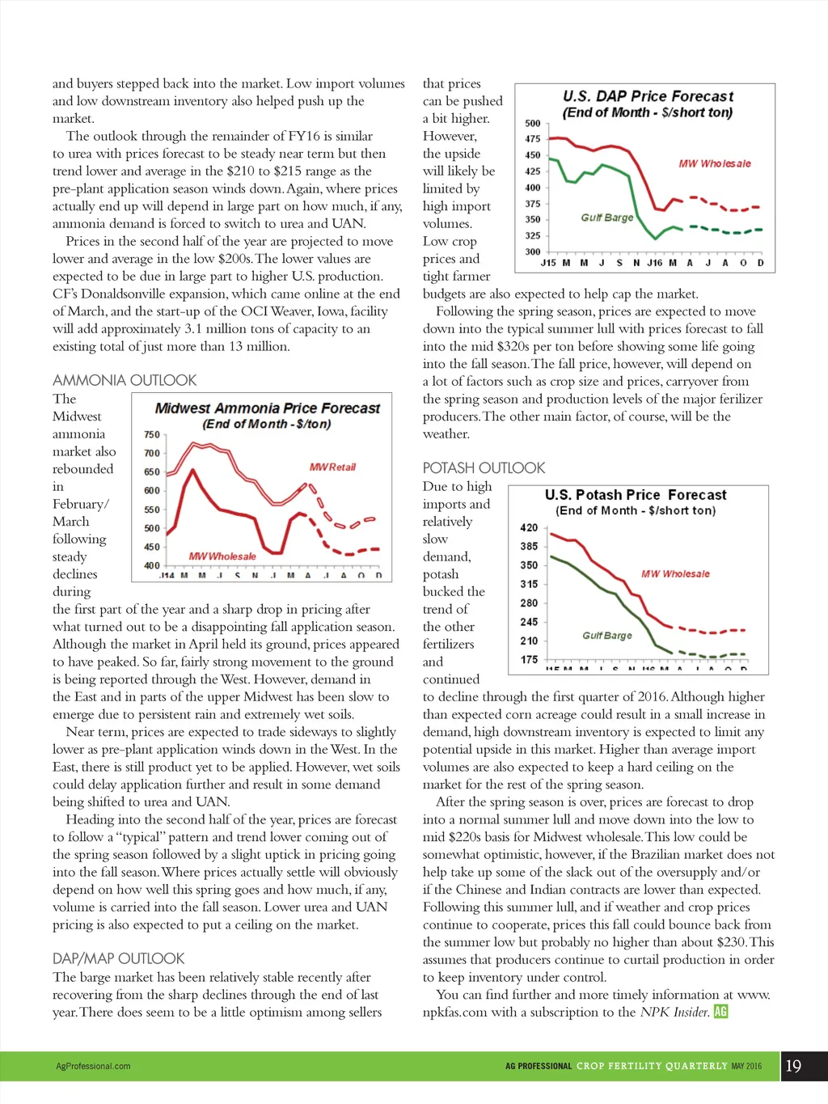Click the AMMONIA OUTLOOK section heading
[x=125, y=380]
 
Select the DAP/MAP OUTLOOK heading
[x=119, y=958]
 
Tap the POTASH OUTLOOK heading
[x=484, y=467]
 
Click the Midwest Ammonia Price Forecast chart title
[x=267, y=408]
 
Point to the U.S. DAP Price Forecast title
[x=648, y=96]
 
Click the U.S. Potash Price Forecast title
[x=636, y=494]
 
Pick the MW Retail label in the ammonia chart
[x=332, y=467]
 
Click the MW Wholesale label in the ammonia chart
[x=222, y=556]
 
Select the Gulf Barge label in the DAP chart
[x=607, y=218]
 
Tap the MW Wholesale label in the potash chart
[x=675, y=573]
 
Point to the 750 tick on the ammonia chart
[x=152, y=435]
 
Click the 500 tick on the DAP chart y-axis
[x=532, y=124]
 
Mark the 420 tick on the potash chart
[x=529, y=527]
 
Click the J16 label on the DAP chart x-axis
[x=654, y=263]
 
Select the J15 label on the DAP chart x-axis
[x=548, y=263]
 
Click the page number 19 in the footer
[x=793, y=1066]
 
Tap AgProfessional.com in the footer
[x=93, y=1066]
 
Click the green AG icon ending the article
[x=720, y=1011]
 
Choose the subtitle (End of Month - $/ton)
[x=267, y=424]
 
